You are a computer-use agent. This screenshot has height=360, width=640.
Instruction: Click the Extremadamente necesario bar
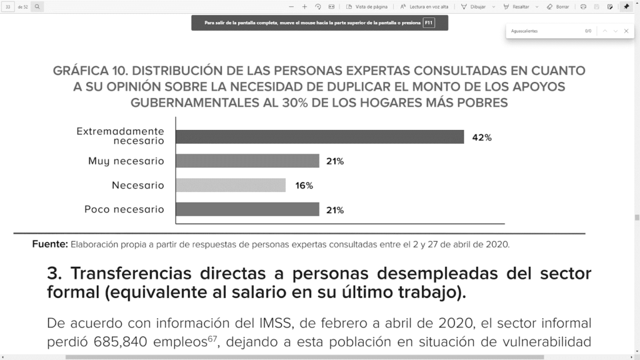tap(319, 137)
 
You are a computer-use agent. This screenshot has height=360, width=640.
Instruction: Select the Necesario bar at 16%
tap(231, 185)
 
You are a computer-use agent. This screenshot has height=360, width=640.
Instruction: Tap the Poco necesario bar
tap(247, 209)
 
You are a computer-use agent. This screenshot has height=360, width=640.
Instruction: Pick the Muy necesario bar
tap(247, 161)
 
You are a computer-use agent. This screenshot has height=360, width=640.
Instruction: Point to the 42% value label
tap(482, 137)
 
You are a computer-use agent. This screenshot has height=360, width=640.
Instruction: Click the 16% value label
tap(304, 186)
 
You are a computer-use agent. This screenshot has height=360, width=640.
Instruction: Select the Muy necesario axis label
tap(126, 161)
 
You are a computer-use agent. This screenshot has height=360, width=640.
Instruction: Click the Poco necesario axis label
tap(124, 209)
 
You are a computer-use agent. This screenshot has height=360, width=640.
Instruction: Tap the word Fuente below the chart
tap(49, 244)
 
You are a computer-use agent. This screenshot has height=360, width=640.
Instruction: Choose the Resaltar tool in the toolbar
tap(520, 7)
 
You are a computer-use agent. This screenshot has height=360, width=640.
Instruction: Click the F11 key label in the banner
tap(429, 22)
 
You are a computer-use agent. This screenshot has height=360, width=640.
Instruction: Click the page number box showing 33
tap(9, 7)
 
